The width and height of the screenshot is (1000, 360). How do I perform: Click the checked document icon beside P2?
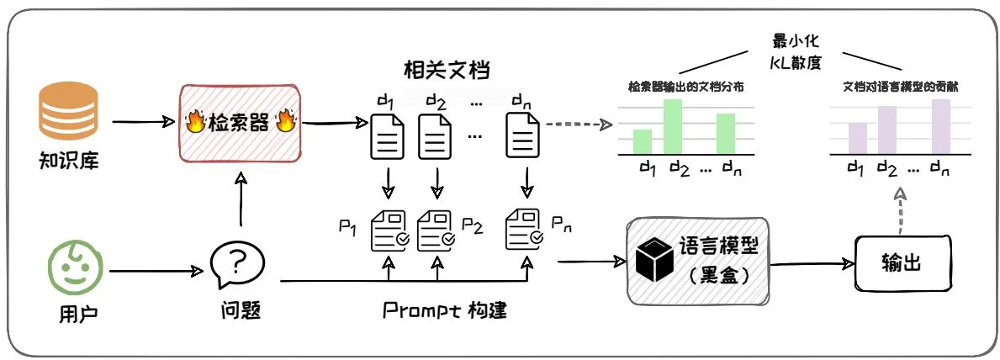pyautogui.click(x=437, y=229)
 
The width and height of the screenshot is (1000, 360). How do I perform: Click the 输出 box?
pyautogui.click(x=902, y=264)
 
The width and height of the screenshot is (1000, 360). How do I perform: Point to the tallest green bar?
pyautogui.click(x=672, y=126)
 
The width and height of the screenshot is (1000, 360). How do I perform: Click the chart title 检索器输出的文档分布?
pyautogui.click(x=685, y=87)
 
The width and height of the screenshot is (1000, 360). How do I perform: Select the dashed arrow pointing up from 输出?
pyautogui.click(x=900, y=209)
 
